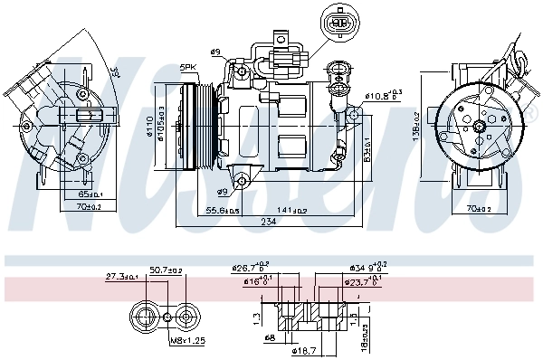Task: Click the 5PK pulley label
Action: point(188,67)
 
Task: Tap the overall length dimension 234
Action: point(269,222)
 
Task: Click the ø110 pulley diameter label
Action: point(150,131)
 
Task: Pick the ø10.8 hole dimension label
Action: point(384,95)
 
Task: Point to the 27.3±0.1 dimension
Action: point(122,276)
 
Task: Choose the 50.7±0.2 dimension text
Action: point(166,270)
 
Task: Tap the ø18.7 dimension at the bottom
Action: point(305,349)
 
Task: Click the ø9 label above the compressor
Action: point(215,52)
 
